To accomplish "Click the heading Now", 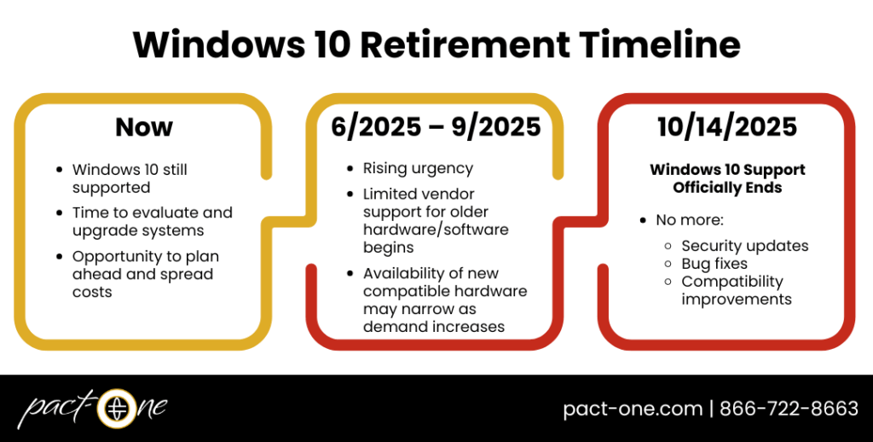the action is click(x=144, y=127).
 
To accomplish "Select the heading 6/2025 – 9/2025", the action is click(x=436, y=127).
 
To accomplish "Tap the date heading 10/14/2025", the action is click(x=727, y=127).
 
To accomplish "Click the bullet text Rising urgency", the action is click(x=418, y=168).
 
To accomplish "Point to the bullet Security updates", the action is click(x=745, y=246).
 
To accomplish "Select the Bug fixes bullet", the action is click(x=714, y=264).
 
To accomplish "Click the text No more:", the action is click(x=689, y=220).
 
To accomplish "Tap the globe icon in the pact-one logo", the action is click(x=117, y=408).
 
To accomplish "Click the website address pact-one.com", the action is click(x=633, y=409).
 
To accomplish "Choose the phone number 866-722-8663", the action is click(x=789, y=409).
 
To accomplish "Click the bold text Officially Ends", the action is click(x=727, y=188).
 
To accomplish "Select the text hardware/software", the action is click(x=436, y=229).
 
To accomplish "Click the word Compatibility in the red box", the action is click(x=732, y=282).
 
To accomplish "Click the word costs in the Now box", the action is click(x=92, y=292).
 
